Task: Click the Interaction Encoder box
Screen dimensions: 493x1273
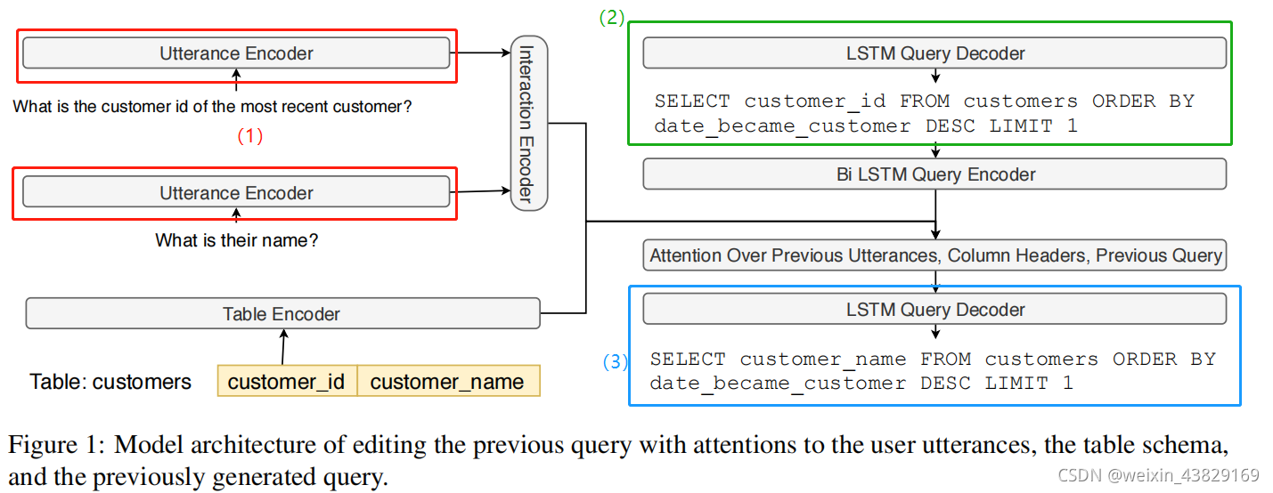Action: (529, 123)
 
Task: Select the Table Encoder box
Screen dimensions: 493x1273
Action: (282, 313)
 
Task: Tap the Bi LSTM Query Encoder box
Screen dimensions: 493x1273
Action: (934, 174)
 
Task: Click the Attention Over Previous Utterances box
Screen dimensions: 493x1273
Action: (934, 255)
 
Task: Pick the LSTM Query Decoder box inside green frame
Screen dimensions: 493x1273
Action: (934, 53)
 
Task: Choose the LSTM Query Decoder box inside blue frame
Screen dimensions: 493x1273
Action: (934, 310)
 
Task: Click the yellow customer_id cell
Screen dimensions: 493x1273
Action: (286, 382)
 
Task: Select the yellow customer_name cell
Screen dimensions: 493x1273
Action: (447, 382)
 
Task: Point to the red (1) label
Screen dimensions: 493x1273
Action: (249, 137)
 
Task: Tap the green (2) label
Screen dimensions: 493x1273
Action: (611, 18)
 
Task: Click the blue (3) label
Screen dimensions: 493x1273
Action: (615, 362)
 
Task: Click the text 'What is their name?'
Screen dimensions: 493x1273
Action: (236, 240)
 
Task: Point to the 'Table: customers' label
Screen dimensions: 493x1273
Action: (110, 382)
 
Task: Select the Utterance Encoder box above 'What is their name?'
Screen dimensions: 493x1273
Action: (236, 192)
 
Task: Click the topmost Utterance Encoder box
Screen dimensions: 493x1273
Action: (236, 53)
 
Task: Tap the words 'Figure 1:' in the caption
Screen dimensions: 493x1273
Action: (54, 444)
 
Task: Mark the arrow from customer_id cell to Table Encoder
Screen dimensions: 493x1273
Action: (283, 347)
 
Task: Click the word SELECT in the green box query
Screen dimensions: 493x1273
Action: (691, 101)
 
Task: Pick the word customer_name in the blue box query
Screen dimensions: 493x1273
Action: (822, 360)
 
